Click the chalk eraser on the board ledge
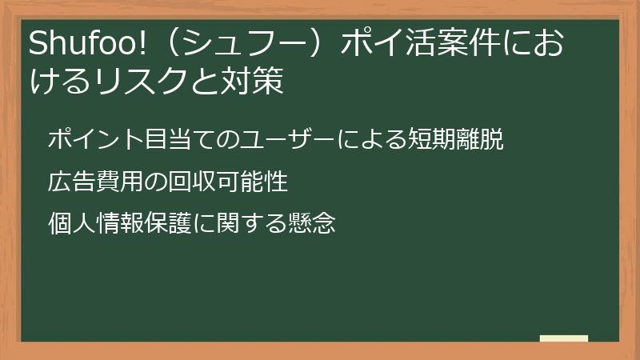(563, 338)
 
